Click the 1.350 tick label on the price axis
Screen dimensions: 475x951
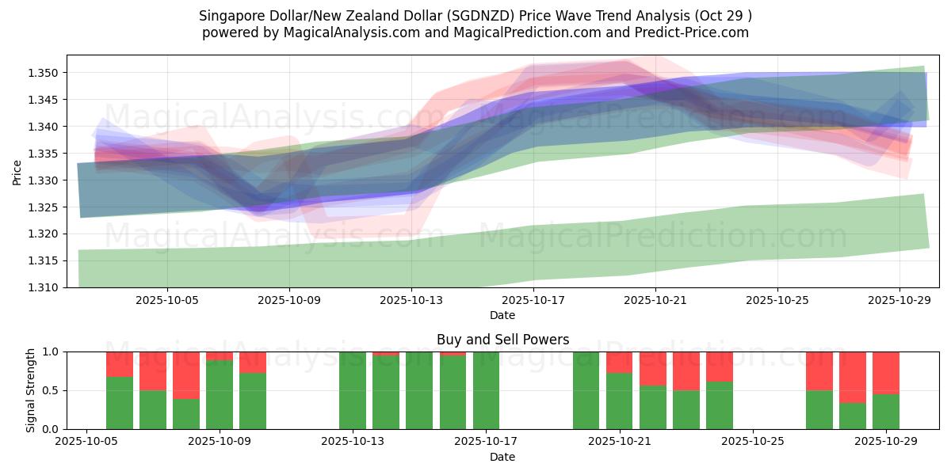(x=46, y=73)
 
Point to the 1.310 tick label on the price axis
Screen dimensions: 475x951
(x=46, y=287)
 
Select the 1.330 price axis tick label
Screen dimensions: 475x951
(x=46, y=180)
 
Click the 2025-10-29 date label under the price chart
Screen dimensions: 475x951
(x=899, y=301)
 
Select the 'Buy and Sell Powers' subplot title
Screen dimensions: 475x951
(x=502, y=340)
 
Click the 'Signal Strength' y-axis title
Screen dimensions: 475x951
(x=31, y=390)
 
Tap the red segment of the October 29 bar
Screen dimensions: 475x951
(x=886, y=372)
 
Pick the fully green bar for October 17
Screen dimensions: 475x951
(x=486, y=390)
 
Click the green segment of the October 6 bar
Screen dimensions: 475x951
(x=120, y=403)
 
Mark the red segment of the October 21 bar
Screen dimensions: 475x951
(x=619, y=362)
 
